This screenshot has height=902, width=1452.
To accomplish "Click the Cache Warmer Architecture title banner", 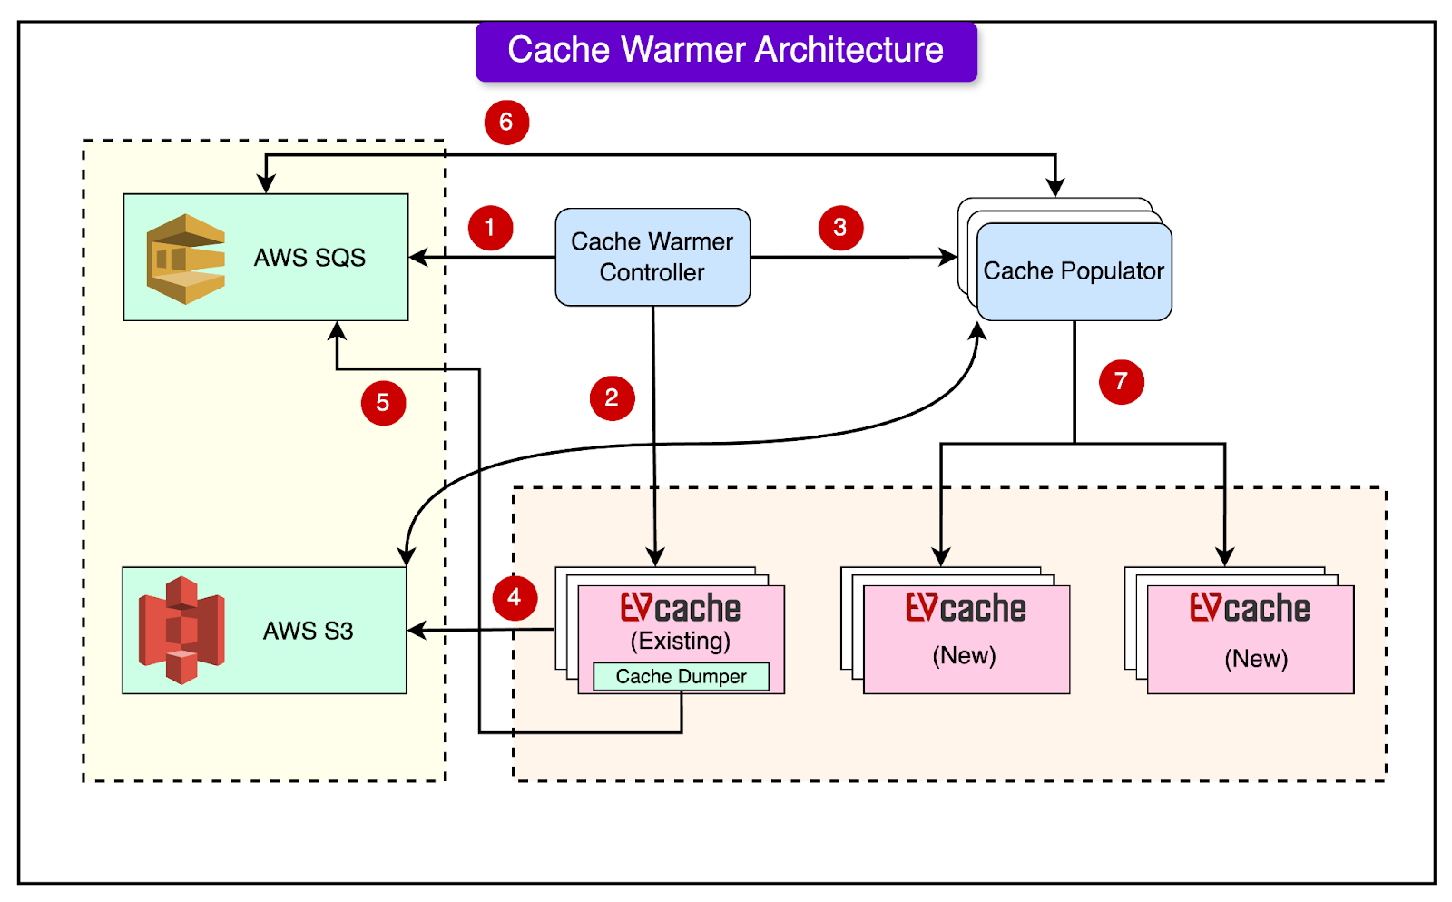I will pyautogui.click(x=726, y=51).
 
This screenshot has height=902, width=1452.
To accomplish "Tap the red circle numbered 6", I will pyautogui.click(x=506, y=123).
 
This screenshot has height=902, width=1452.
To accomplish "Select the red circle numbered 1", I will pyautogui.click(x=490, y=228).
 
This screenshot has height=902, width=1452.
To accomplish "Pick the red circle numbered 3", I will pyautogui.click(x=840, y=228).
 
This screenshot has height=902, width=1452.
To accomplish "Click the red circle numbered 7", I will pyautogui.click(x=1121, y=381).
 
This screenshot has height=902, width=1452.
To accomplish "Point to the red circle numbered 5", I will pyautogui.click(x=383, y=403).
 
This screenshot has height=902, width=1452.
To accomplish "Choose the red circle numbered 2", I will pyautogui.click(x=612, y=398).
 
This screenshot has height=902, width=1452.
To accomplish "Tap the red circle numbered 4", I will pyautogui.click(x=515, y=598).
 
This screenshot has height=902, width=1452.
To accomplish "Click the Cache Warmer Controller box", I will pyautogui.click(x=652, y=257).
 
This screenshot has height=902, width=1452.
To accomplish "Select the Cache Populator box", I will pyautogui.click(x=1074, y=271).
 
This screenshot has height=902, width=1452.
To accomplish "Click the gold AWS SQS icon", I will pyautogui.click(x=186, y=259).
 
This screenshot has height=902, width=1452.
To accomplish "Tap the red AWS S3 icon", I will pyautogui.click(x=181, y=630).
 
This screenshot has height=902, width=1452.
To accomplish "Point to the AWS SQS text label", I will pyautogui.click(x=309, y=258).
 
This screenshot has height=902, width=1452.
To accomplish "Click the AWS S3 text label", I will pyautogui.click(x=308, y=631).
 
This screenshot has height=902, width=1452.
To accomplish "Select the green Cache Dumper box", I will pyautogui.click(x=681, y=677).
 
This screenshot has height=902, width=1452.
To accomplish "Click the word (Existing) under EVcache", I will pyautogui.click(x=681, y=642).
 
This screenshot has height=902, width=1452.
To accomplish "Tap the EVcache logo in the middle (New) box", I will pyautogui.click(x=966, y=608).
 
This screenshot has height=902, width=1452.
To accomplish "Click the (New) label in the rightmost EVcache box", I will pyautogui.click(x=1256, y=659).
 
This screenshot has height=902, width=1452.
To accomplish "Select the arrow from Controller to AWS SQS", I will pyautogui.click(x=481, y=258).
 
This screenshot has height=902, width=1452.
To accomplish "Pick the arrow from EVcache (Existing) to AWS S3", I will pyautogui.click(x=481, y=630).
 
